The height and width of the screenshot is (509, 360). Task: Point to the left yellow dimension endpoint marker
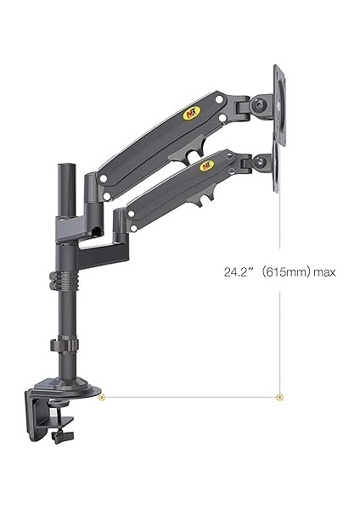(x=102, y=396)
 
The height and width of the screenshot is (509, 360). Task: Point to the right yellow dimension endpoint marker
(x=280, y=396)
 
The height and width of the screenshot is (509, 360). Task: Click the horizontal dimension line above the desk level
(x=191, y=396)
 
